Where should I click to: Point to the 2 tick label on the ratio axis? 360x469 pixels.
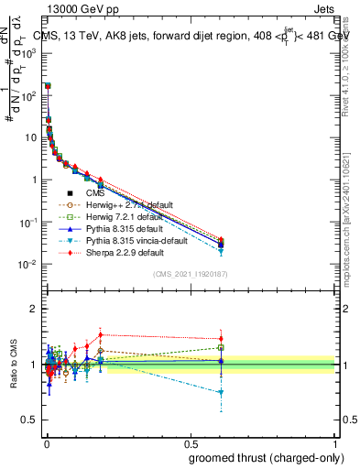coord(34,309)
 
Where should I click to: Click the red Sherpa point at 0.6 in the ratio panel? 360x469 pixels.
coord(221,339)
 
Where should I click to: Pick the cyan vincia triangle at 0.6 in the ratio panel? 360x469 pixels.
coord(221,392)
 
